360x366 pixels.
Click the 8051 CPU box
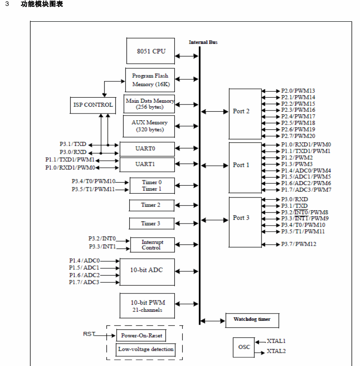click(x=151, y=51)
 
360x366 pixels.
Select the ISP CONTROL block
click(x=93, y=105)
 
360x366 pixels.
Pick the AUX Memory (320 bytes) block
click(x=149, y=126)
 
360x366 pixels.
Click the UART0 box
click(x=147, y=149)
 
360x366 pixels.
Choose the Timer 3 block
click(x=151, y=224)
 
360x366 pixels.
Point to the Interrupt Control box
click(x=152, y=245)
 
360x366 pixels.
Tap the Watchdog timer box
click(x=252, y=320)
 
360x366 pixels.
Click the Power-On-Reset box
click(x=141, y=335)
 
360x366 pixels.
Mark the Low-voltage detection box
click(x=146, y=349)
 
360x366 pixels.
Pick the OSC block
click(x=244, y=347)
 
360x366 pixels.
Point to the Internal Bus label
click(x=203, y=42)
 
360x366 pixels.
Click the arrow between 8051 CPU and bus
click(x=186, y=56)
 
